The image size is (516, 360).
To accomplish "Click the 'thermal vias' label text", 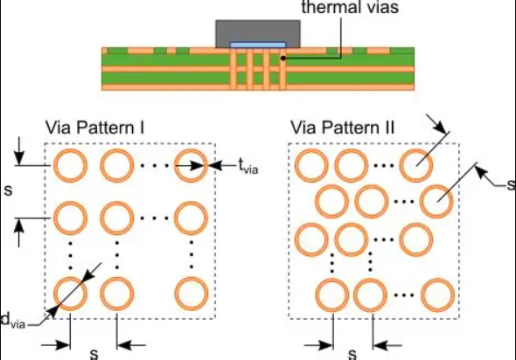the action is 350,7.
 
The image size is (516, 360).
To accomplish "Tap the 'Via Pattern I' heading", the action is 94,128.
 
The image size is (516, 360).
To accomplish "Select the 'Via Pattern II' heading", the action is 342,128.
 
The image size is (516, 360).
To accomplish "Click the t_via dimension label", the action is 248,166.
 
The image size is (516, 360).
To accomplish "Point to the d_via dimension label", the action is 12,320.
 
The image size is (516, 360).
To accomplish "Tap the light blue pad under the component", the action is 258,45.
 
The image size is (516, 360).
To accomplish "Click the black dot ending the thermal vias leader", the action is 283,59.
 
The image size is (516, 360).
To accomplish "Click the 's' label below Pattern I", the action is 94,354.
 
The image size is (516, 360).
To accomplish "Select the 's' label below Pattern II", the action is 352,354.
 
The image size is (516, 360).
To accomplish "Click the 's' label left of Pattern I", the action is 9,190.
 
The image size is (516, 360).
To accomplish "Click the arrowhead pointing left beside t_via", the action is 215,165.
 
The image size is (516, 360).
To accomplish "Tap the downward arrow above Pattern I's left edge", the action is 19,151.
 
